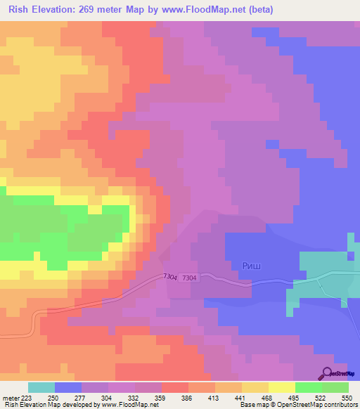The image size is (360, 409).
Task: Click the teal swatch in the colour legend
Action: [41, 387]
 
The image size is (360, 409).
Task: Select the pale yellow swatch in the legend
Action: [281, 387]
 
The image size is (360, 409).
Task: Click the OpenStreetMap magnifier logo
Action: [327, 373]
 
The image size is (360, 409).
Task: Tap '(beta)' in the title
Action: [259, 10]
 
